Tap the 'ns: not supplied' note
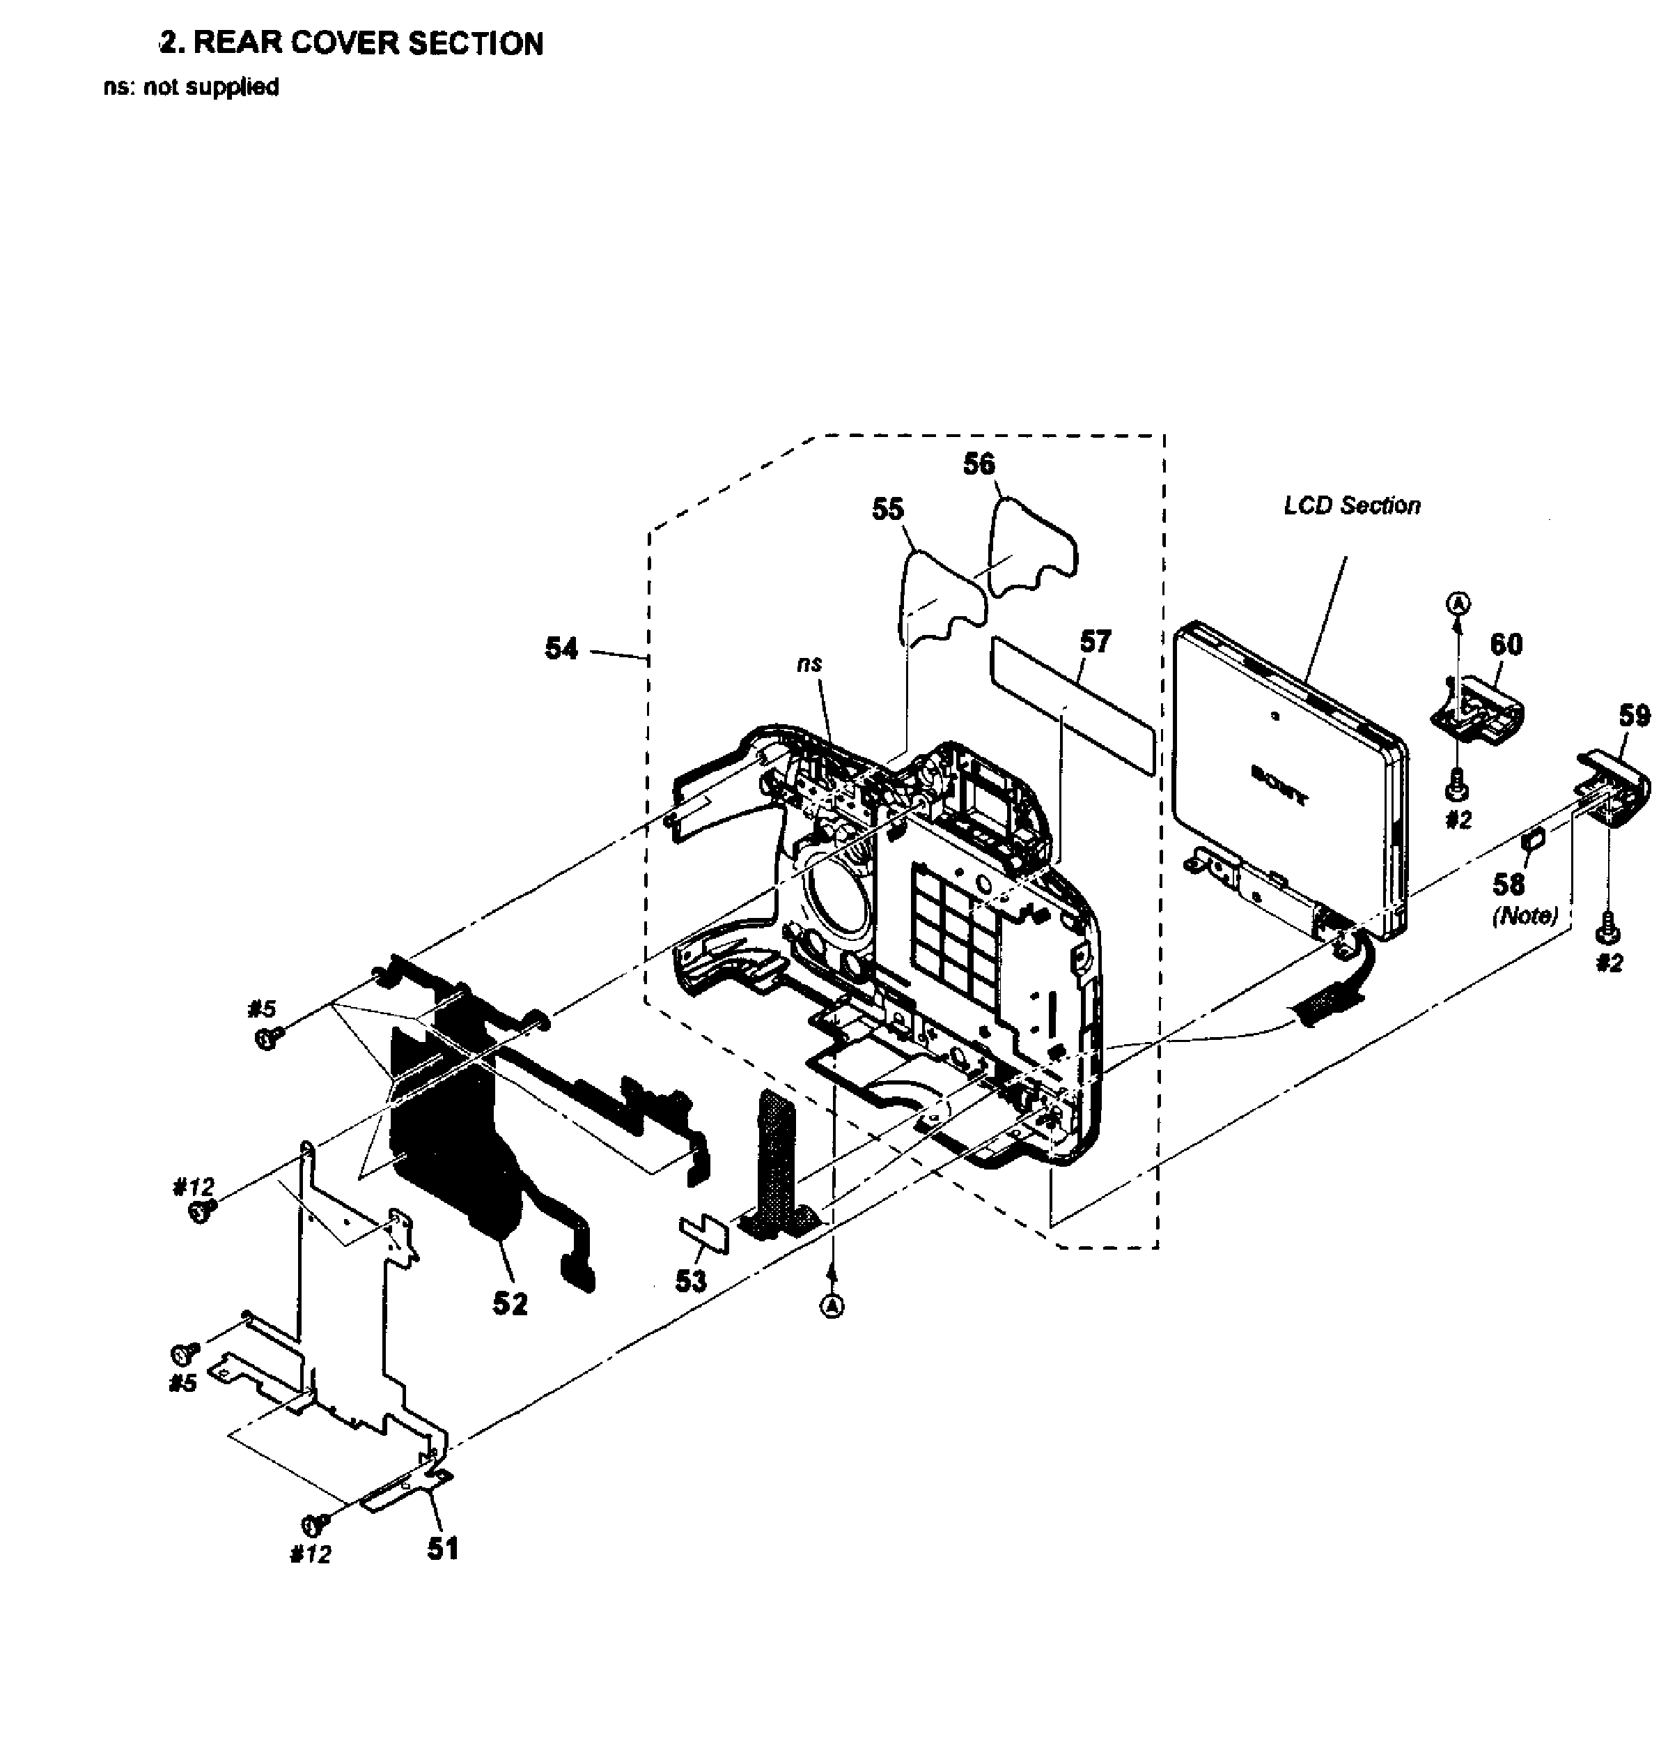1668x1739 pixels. (x=192, y=87)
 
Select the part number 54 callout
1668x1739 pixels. (x=561, y=649)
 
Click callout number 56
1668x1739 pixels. (x=979, y=464)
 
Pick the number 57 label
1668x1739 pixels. (x=1095, y=641)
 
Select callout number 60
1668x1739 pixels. (x=1506, y=644)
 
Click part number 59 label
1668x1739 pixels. (x=1635, y=715)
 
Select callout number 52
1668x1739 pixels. (x=510, y=1303)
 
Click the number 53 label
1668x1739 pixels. (x=691, y=1280)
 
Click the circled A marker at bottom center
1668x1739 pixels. (x=831, y=1306)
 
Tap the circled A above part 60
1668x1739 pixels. (x=1458, y=604)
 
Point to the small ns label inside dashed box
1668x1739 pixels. (x=809, y=664)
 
